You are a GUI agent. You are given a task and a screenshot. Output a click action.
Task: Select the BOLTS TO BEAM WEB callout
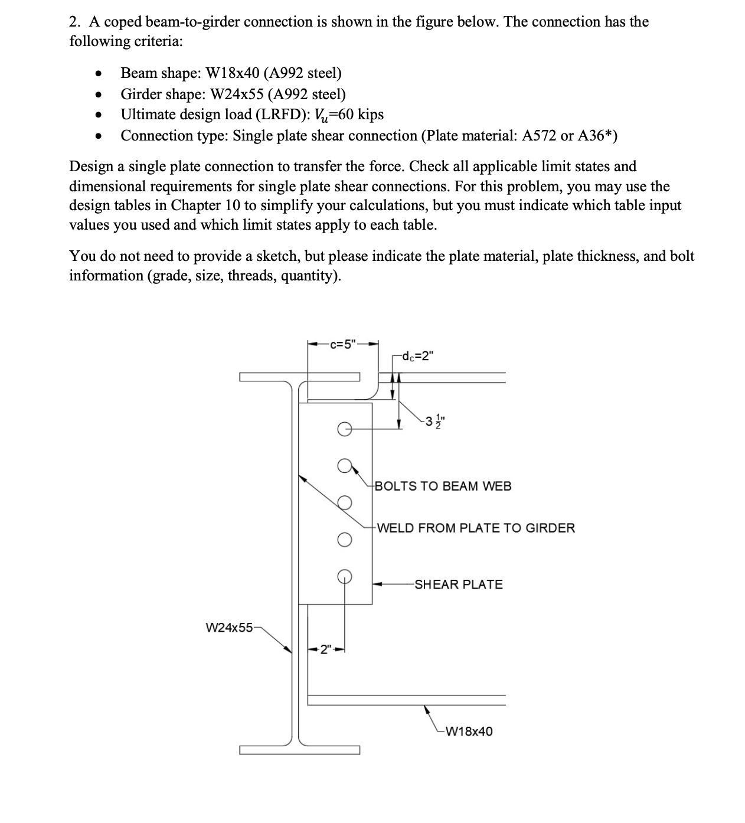point(443,486)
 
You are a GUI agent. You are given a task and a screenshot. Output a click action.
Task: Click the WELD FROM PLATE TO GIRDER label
point(475,528)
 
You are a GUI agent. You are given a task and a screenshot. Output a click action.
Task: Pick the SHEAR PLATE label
point(459,584)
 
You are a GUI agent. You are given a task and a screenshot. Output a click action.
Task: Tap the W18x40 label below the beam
point(469,731)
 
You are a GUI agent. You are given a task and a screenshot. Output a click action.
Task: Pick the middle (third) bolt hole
point(345,502)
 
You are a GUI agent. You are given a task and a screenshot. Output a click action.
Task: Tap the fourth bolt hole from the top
point(345,540)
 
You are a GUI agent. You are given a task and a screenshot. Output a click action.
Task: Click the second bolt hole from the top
point(345,466)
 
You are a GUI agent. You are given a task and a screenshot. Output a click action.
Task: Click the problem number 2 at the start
point(74,22)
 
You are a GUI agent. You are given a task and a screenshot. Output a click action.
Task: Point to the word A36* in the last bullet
point(597,136)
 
